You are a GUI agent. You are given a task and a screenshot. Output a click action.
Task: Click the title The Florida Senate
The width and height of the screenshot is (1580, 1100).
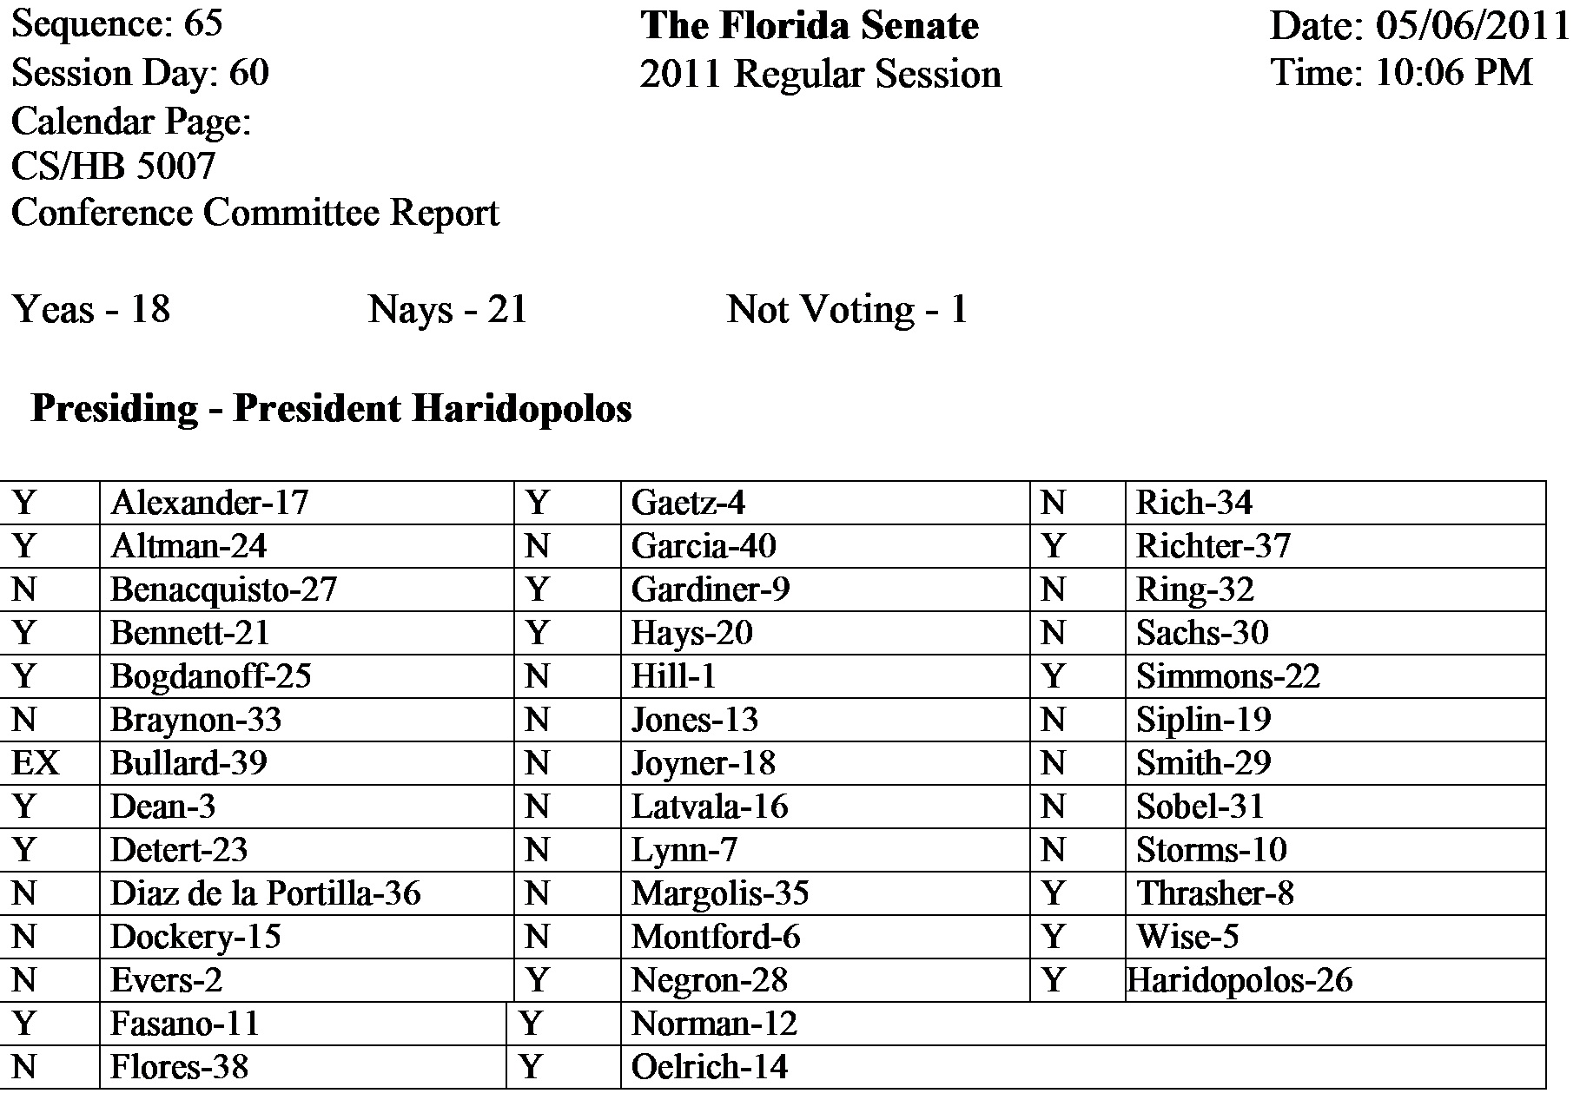coord(809,26)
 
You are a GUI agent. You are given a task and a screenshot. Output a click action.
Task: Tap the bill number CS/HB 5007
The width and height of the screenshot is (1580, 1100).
coord(113,166)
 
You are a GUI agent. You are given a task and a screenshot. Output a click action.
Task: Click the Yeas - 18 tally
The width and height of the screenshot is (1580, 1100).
coord(91,309)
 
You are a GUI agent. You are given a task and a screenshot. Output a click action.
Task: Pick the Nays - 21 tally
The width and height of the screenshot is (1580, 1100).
coord(447,309)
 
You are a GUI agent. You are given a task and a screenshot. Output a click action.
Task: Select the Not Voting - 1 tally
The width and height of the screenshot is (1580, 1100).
coord(847,309)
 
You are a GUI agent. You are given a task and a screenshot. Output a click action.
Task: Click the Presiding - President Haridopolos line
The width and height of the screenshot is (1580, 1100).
coord(331,408)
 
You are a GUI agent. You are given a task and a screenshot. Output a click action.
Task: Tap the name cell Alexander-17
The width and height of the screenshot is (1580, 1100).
coord(209,503)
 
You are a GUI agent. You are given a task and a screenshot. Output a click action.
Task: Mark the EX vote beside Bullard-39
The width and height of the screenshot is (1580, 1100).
coord(36,763)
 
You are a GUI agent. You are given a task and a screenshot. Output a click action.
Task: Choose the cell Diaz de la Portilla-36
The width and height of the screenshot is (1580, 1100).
coord(265,893)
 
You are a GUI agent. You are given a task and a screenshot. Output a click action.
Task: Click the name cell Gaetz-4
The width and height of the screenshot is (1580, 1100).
coord(688,503)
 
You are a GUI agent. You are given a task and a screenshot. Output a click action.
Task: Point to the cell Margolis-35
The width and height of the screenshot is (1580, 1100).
coord(720,893)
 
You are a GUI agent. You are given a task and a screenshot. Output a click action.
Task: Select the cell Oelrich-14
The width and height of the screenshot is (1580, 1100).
coord(710,1067)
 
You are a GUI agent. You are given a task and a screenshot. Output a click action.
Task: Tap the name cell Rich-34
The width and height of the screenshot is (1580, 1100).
coord(1194,503)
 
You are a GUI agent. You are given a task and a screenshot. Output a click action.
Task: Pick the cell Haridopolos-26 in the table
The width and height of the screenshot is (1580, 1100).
coord(1240,980)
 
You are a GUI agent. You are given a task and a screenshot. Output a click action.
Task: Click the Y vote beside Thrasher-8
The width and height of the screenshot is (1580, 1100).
coord(1054,893)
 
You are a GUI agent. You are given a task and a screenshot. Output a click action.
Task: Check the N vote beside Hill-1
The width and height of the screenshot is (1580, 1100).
coord(537,676)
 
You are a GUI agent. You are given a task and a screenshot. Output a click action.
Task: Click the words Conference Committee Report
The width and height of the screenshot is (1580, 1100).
coord(255,213)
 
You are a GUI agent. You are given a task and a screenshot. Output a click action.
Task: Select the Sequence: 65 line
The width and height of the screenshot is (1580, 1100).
coord(117,24)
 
